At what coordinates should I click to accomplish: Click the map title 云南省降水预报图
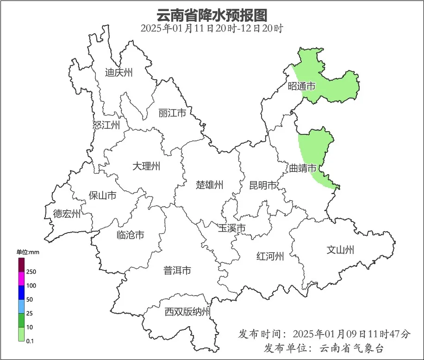pyautogui.click(x=212, y=15)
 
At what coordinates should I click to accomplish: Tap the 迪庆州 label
pyautogui.click(x=119, y=73)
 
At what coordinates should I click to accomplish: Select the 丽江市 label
pyautogui.click(x=172, y=113)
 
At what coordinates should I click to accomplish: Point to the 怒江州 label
pyautogui.click(x=106, y=125)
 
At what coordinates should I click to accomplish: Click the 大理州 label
pyautogui.click(x=146, y=166)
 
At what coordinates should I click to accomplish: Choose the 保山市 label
pyautogui.click(x=102, y=196)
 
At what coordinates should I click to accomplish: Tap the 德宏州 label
pyautogui.click(x=67, y=214)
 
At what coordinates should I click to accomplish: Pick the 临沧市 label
pyautogui.click(x=130, y=235)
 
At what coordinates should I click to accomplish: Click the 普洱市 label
pyautogui.click(x=177, y=271)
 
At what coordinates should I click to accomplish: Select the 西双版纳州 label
pyautogui.click(x=188, y=312)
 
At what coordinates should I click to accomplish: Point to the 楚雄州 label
pyautogui.click(x=210, y=185)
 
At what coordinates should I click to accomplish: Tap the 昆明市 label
pyautogui.click(x=262, y=186)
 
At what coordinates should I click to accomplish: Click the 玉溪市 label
pyautogui.click(x=232, y=228)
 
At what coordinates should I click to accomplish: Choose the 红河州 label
pyautogui.click(x=270, y=256)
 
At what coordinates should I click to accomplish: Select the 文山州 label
pyautogui.click(x=340, y=250)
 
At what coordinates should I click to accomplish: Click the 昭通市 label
pyautogui.click(x=302, y=86)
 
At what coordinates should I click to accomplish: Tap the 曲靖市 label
pyautogui.click(x=303, y=168)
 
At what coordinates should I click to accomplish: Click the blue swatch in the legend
pyautogui.click(x=21, y=292)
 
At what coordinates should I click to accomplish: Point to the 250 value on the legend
pyautogui.click(x=31, y=272)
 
